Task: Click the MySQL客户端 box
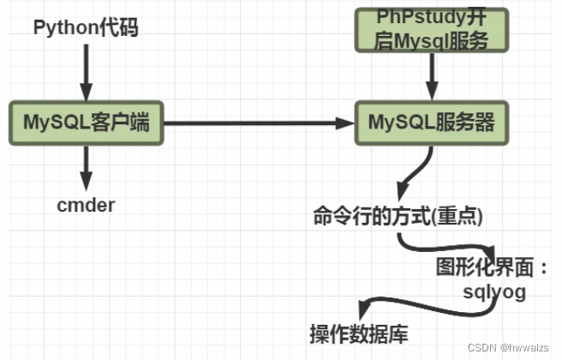pyautogui.click(x=86, y=123)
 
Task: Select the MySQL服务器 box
pyautogui.click(x=432, y=123)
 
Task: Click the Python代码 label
pyautogui.click(x=85, y=27)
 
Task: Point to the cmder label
pyautogui.click(x=86, y=206)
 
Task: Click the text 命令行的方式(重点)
pyautogui.click(x=398, y=217)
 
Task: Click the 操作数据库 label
pyautogui.click(x=349, y=332)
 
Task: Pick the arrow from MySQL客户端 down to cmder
pyautogui.click(x=85, y=167)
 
